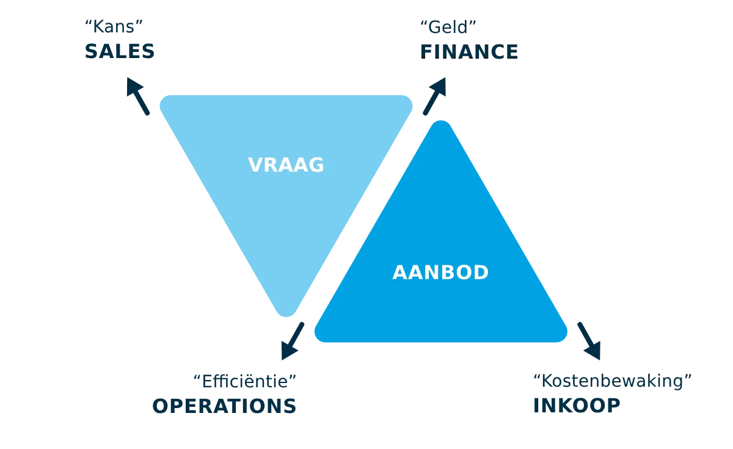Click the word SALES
point(120,51)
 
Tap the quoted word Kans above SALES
point(117,26)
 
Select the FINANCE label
point(469,51)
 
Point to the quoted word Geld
point(448,26)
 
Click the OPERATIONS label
point(225,406)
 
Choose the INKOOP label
point(577,406)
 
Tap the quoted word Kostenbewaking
point(613,382)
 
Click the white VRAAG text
point(286,165)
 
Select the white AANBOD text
point(440,272)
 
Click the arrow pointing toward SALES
point(137,95)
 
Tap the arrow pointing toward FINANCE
point(434,95)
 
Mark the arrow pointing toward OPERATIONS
point(293,340)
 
